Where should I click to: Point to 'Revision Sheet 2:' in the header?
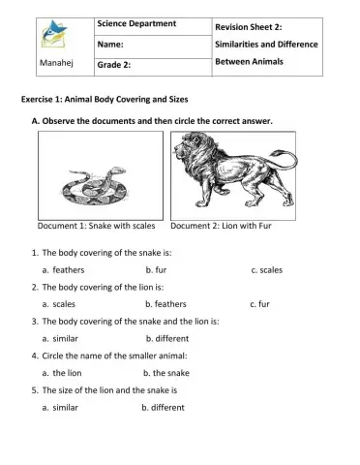[x=249, y=26]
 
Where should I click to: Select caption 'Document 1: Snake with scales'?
[x=96, y=229]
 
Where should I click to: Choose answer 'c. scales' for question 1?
[x=266, y=269]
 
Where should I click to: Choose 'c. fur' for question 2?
[x=258, y=304]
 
